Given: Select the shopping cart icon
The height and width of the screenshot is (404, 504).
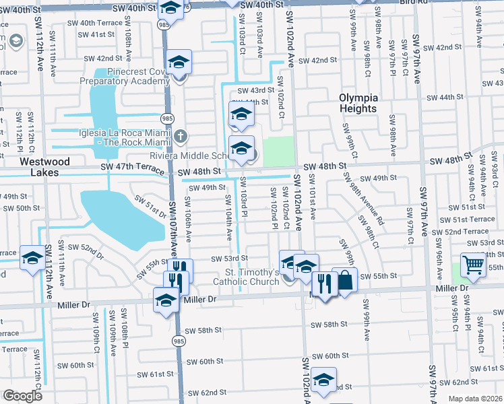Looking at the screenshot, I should click(x=473, y=266).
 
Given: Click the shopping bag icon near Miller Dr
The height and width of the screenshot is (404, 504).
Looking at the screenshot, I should click(x=344, y=282).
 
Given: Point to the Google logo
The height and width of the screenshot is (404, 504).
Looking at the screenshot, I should click(x=22, y=396).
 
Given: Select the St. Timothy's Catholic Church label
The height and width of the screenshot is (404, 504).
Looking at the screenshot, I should click(x=245, y=277).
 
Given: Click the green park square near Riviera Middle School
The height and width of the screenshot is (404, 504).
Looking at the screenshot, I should click(x=278, y=151).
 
